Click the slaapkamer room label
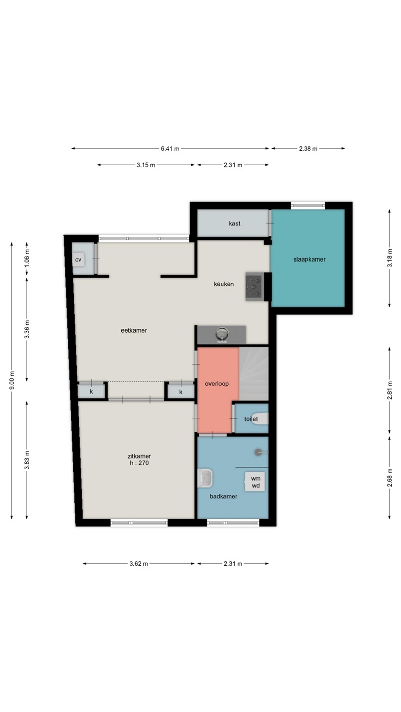coord(309,260)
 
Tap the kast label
coord(235,223)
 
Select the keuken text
coord(224,284)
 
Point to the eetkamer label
coord(134,331)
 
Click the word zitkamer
coord(139,456)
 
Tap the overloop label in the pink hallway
coord(217,384)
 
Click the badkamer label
coord(223,496)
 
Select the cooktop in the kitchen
coord(254,286)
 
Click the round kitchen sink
coord(222,335)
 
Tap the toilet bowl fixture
coord(263,419)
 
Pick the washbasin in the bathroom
coord(205,479)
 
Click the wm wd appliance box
coord(254,482)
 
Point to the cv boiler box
coord(78,260)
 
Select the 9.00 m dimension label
coord(12,380)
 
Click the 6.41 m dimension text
coord(170,148)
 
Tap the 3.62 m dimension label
coord(139,564)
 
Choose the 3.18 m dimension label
coord(390,259)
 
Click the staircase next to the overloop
coord(253,374)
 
